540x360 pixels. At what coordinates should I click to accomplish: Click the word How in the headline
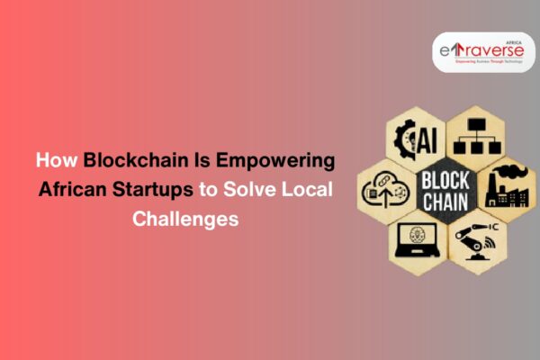(57, 161)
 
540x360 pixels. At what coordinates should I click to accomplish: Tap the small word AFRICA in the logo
(514, 42)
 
